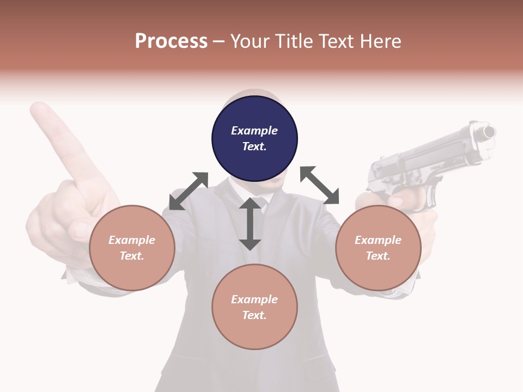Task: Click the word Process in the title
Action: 171,41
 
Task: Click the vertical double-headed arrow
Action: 250,224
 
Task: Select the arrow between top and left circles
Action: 188,191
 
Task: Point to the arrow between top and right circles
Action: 319,185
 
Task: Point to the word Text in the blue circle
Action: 254,146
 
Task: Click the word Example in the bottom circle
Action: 254,299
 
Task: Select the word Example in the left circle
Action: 132,240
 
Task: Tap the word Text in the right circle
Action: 378,256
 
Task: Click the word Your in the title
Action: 250,41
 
